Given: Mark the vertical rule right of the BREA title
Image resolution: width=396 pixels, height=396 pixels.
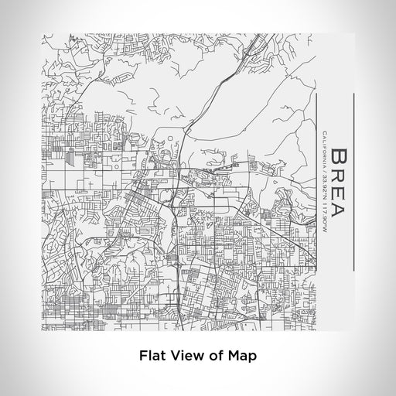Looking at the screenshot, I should [353, 182].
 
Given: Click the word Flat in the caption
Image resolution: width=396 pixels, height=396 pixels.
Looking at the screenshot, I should [151, 357].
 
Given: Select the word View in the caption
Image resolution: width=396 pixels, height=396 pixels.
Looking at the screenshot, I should [183, 357].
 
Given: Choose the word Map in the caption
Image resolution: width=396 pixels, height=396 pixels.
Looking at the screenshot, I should [237, 357].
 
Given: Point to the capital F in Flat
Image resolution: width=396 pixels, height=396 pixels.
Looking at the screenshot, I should [142, 357].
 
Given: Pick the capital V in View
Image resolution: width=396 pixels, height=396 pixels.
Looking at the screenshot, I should [174, 357].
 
